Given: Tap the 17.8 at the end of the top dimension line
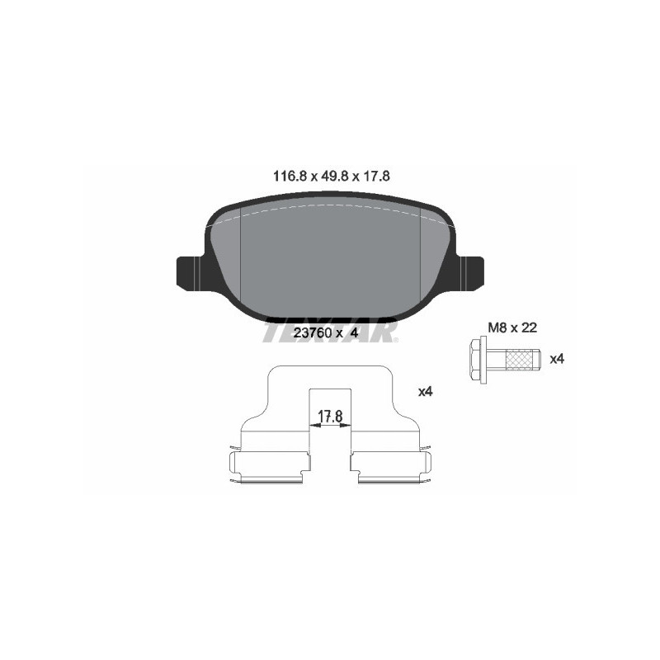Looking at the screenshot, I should coord(373,176).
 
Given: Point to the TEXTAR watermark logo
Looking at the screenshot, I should coord(330,331).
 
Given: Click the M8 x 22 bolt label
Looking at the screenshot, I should coord(512,328).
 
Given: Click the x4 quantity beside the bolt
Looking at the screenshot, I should coord(557,359).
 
